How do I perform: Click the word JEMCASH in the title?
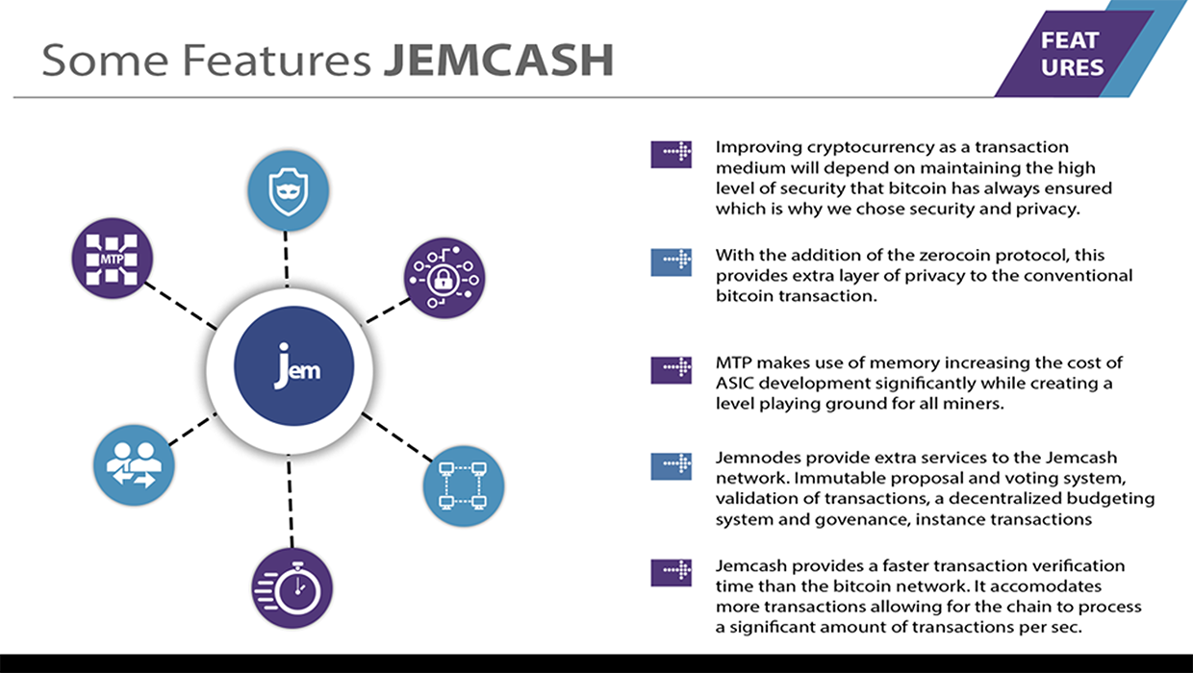499,60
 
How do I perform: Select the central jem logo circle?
294,366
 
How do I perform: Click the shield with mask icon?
288,190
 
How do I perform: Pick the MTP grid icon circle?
113,259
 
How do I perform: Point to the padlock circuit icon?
444,278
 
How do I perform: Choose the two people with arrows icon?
134,465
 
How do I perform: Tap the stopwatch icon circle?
292,588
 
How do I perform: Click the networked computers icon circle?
464,486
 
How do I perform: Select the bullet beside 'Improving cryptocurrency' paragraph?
672,154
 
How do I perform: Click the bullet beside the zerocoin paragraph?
672,262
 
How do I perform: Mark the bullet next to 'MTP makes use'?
672,370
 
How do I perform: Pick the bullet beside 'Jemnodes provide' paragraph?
672,466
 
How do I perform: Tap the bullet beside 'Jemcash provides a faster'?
672,572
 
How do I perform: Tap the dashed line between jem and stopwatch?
291,501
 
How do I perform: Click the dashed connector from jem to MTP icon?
181,306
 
